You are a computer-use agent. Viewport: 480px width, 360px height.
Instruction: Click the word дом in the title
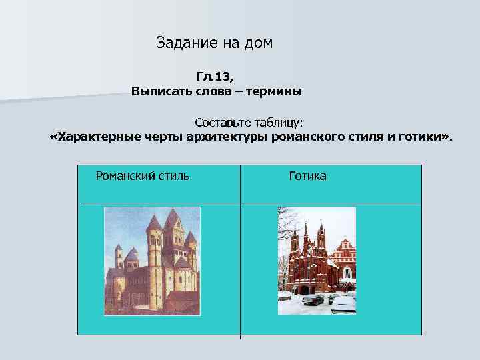[x=259, y=43]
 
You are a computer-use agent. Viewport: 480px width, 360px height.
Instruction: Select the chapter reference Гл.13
[x=215, y=77]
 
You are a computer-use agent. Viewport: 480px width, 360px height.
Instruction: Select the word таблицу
[x=280, y=123]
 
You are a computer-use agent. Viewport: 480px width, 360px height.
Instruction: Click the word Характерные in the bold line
[x=98, y=138]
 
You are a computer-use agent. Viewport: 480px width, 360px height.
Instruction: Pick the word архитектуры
[x=227, y=138]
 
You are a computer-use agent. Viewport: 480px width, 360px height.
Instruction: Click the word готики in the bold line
[x=424, y=138]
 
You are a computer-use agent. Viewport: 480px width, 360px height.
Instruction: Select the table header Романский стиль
[x=143, y=176]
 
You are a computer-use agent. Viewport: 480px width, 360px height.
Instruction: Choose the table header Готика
[x=307, y=176]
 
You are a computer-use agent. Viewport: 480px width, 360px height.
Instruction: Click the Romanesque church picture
[x=151, y=260]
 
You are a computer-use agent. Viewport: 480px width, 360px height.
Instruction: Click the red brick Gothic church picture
[x=317, y=260]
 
